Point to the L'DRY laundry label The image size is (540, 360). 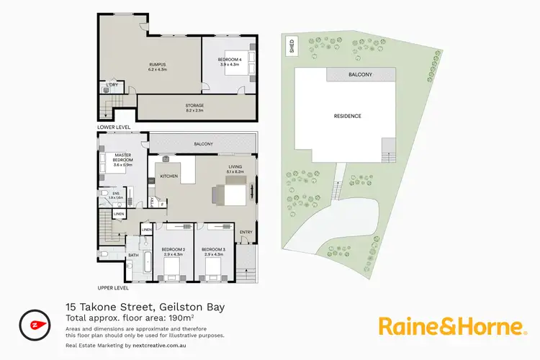tap(112, 86)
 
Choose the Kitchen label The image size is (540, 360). tap(169, 176)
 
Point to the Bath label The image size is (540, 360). tap(133, 255)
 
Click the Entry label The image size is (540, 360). tap(246, 231)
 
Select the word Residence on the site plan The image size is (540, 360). tap(347, 116)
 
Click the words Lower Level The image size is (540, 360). tap(117, 126)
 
